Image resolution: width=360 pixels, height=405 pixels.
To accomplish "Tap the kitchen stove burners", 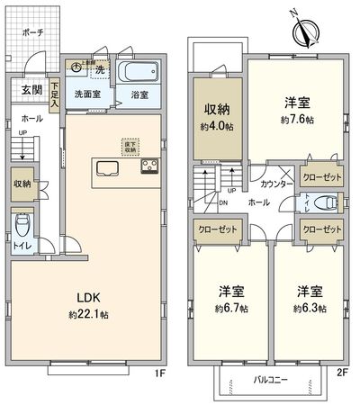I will coord(149,167).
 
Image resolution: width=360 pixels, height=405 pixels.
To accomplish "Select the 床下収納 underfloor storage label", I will coord(130,146).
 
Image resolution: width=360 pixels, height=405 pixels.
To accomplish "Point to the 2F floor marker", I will coord(346,370).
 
